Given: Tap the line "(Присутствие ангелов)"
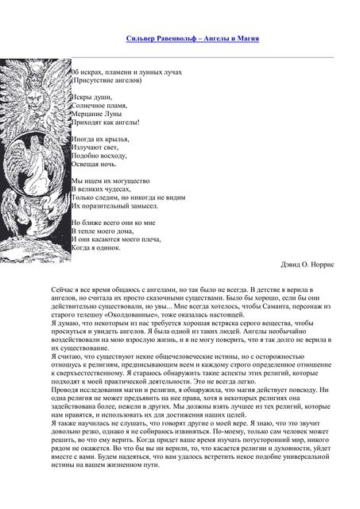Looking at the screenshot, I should [x=106, y=80].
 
